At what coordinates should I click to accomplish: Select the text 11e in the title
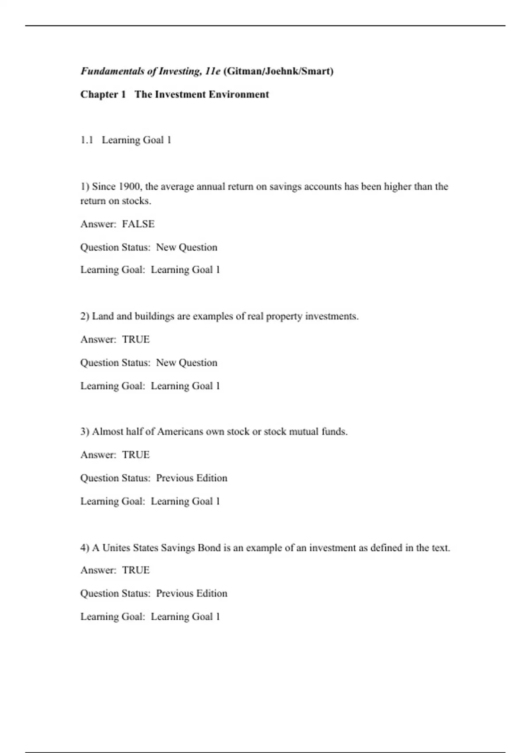(x=212, y=71)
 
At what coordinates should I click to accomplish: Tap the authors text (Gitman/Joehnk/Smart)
(x=279, y=71)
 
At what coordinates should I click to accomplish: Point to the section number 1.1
(x=87, y=140)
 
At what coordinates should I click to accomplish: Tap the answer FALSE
(x=138, y=224)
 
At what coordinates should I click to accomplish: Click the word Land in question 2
(x=103, y=316)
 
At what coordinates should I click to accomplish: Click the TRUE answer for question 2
(x=136, y=339)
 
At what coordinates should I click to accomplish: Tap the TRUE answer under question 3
(x=136, y=455)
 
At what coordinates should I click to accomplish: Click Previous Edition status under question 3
(x=192, y=478)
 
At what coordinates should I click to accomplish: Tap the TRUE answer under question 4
(x=136, y=570)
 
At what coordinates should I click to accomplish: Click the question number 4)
(x=85, y=548)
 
